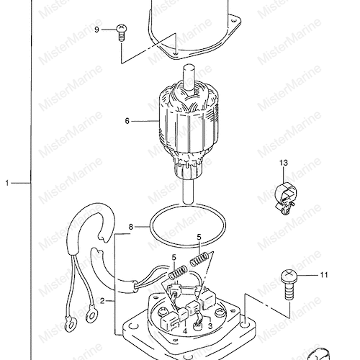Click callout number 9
(x=96, y=30)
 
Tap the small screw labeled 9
(x=122, y=33)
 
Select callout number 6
(x=127, y=121)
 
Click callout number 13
(x=284, y=163)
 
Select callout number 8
(x=131, y=227)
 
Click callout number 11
(x=324, y=275)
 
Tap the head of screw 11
(x=289, y=276)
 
